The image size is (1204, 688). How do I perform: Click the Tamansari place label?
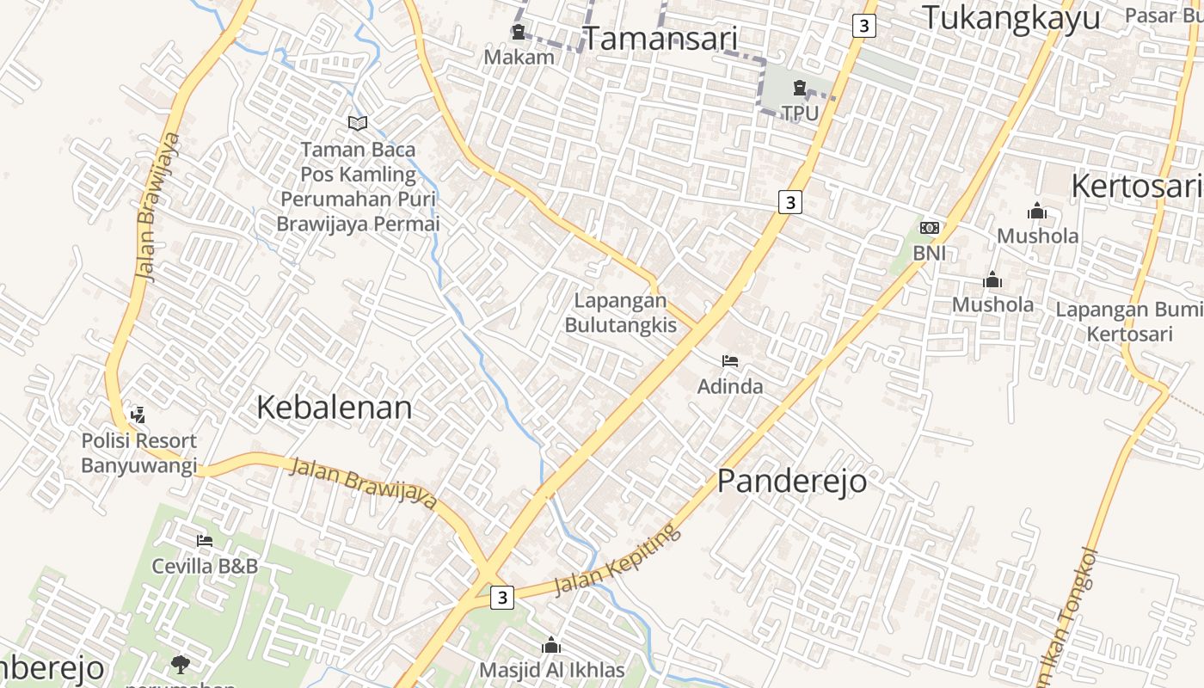tap(660, 38)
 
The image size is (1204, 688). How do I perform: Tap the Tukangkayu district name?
tap(1010, 17)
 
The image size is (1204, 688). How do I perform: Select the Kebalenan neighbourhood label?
tap(335, 408)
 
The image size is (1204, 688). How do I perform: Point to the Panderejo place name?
tap(792, 481)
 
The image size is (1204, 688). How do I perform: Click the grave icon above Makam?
tap(519, 33)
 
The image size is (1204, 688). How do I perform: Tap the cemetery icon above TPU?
tap(800, 87)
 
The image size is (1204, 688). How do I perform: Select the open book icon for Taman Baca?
tap(358, 124)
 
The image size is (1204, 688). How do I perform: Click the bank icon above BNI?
tap(930, 228)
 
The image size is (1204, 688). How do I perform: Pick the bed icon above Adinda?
tap(730, 361)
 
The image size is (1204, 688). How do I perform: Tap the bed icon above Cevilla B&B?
tap(205, 541)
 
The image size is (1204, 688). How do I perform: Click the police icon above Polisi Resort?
tap(138, 415)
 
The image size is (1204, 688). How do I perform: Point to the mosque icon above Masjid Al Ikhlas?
tap(551, 645)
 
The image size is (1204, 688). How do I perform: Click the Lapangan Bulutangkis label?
tap(620, 313)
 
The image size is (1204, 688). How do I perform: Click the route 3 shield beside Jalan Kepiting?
tap(502, 597)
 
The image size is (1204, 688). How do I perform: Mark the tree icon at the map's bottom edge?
tap(181, 664)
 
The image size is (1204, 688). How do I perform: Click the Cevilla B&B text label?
tap(205, 566)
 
